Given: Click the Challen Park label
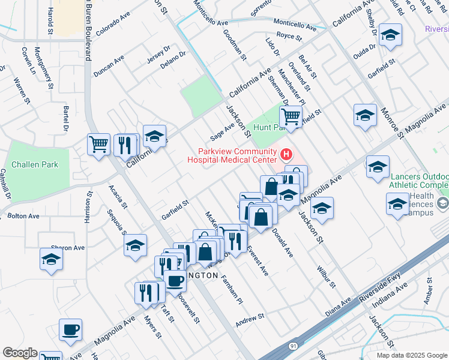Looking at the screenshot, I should point(34,164).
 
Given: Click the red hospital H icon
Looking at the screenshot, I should point(286,155).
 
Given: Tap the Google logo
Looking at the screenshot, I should point(20,353).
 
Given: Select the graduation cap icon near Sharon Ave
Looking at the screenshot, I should point(52,259).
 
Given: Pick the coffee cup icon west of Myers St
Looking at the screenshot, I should point(70,329).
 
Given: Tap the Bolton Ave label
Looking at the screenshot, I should point(23,215).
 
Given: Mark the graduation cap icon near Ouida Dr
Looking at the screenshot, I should point(390,35).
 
